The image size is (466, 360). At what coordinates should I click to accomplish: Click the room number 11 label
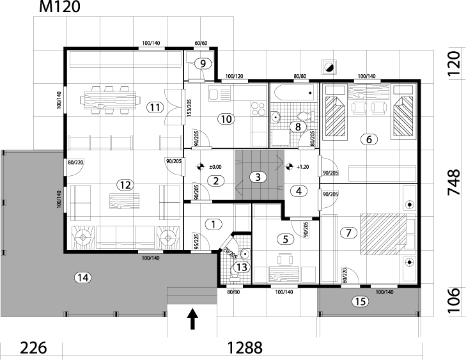point(153,107)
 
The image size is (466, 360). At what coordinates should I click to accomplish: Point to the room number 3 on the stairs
point(256,176)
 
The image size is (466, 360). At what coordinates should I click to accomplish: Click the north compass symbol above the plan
point(329,66)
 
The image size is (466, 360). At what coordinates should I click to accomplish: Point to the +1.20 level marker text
point(303,167)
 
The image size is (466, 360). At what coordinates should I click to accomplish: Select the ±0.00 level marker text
point(215,167)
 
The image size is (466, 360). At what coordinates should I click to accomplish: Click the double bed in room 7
point(382,232)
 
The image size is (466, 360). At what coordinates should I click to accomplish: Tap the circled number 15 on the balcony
point(361,301)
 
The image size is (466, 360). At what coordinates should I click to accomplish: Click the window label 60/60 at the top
point(201,43)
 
